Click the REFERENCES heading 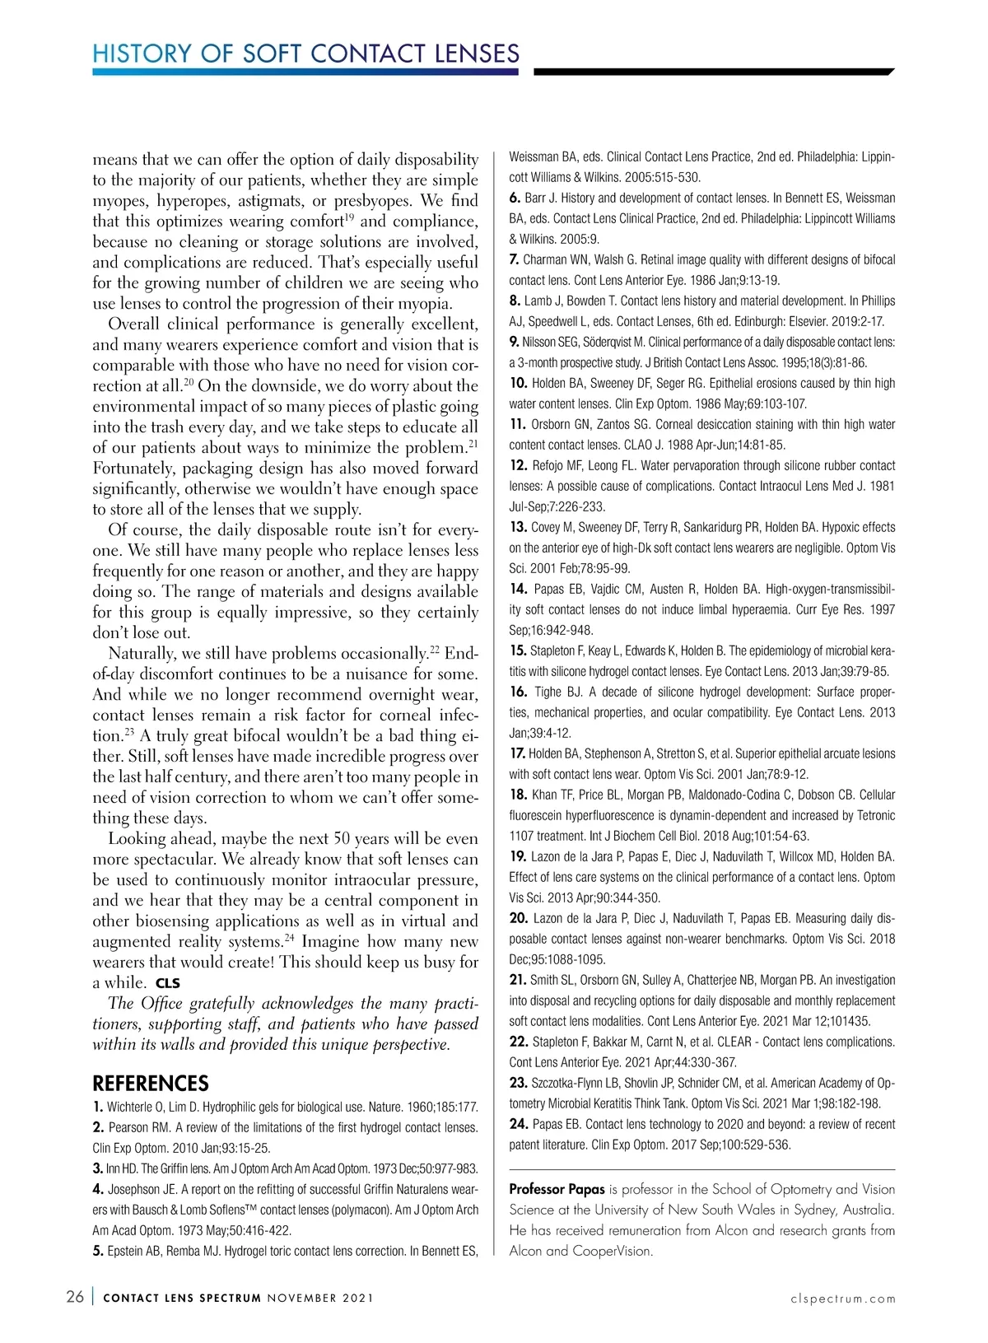(x=151, y=1083)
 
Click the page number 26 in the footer (x=74, y=1298)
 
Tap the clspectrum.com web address (x=842, y=1299)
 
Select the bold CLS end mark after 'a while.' (x=167, y=983)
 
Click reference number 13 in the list (x=518, y=527)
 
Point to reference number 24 (x=518, y=1124)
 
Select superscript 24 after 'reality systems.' (x=289, y=938)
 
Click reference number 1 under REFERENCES (x=98, y=1107)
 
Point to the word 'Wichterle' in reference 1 (x=130, y=1107)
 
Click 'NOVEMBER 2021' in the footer (x=320, y=1299)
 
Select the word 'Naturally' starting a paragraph (x=141, y=654)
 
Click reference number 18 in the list (x=518, y=795)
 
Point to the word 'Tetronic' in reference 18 (x=870, y=815)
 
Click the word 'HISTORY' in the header (x=142, y=54)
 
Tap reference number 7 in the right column (x=514, y=259)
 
